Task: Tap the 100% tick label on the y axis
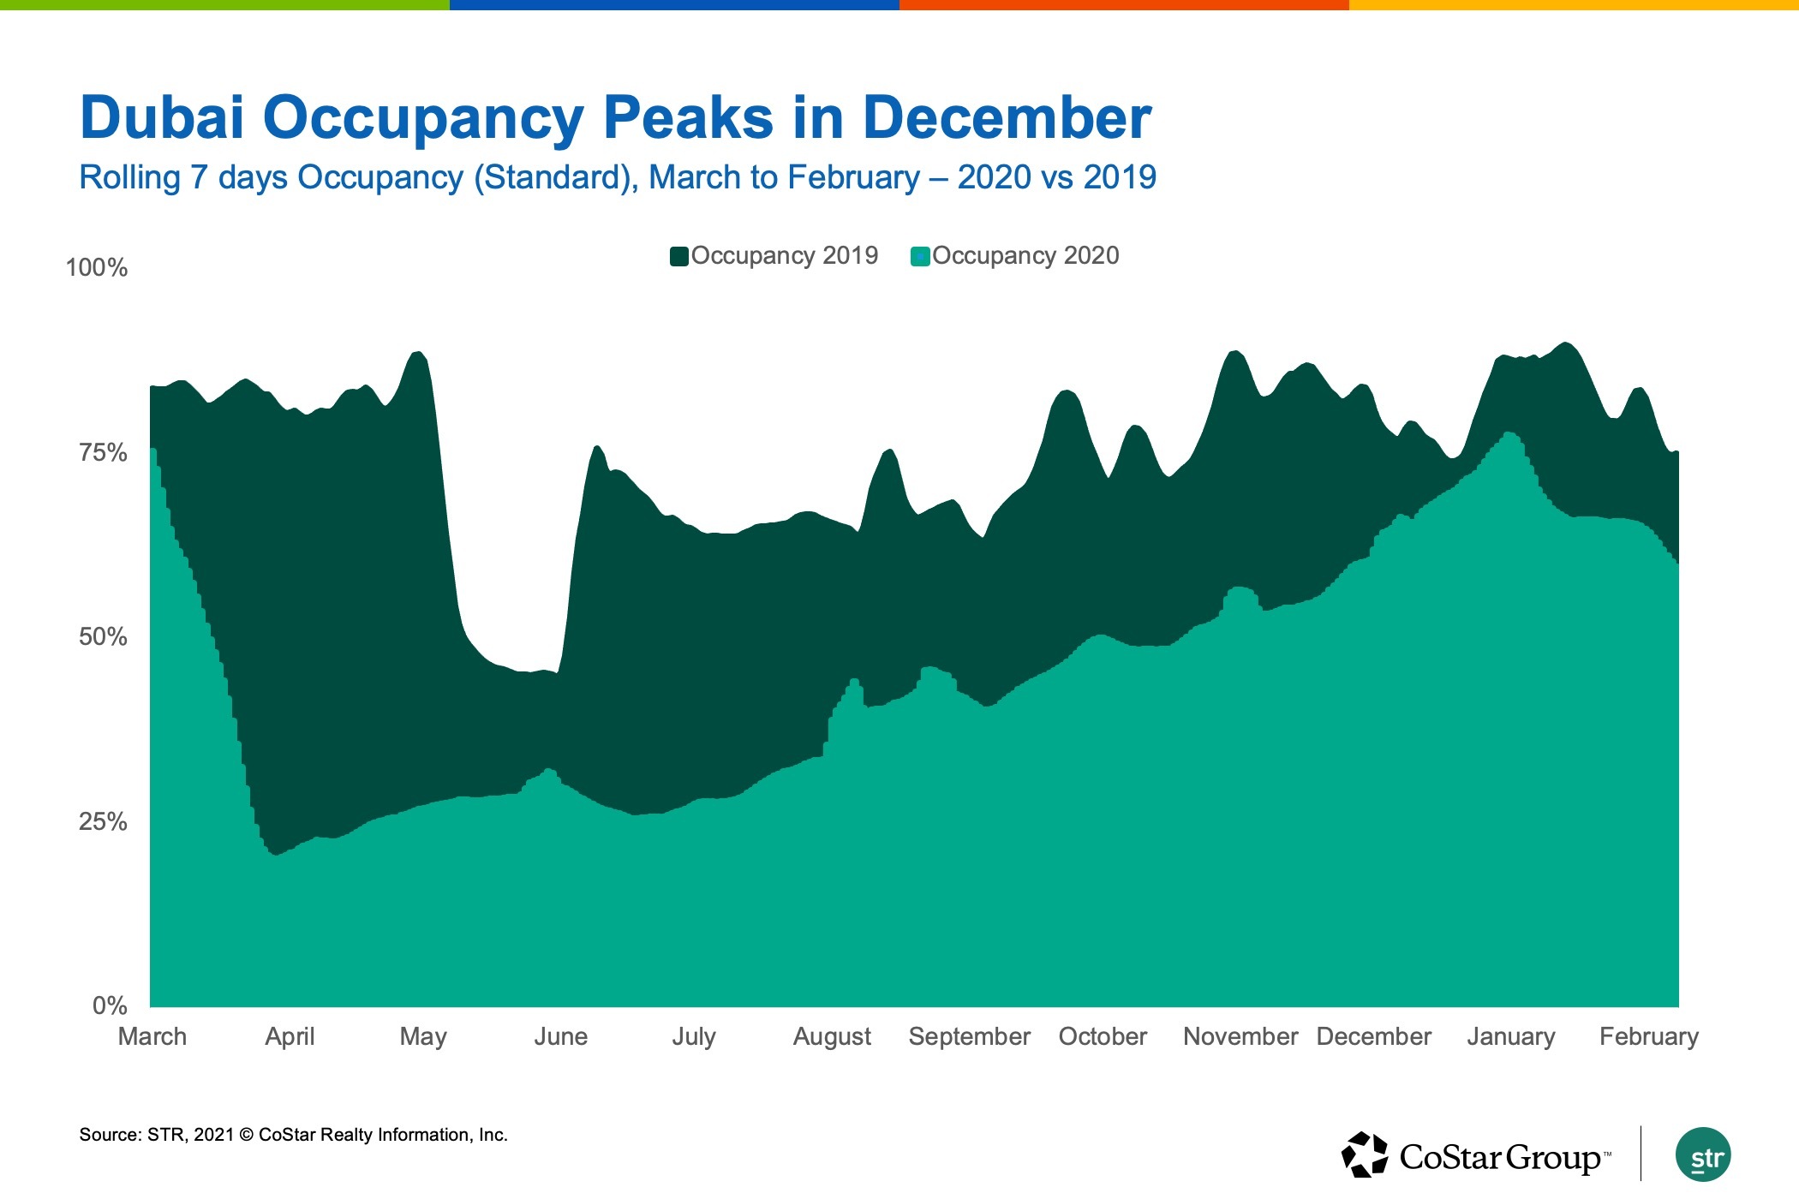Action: pos(97,268)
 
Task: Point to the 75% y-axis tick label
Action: pos(103,452)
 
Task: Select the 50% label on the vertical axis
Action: pos(103,636)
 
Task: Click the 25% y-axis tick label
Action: pos(103,821)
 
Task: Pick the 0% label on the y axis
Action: pos(110,1005)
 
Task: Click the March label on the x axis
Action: pos(152,1036)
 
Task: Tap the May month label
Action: pos(423,1036)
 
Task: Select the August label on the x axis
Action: pos(832,1036)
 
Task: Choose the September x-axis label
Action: pos(970,1036)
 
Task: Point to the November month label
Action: pos(1240,1036)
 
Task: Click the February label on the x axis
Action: pos(1649,1036)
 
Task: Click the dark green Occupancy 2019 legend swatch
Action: pos(679,256)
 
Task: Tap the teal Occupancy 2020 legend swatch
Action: pos(920,256)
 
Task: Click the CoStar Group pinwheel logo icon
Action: pos(1364,1154)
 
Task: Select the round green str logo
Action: pos(1703,1154)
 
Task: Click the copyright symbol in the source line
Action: pos(246,1136)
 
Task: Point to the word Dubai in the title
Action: pos(162,117)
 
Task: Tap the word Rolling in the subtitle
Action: pos(129,177)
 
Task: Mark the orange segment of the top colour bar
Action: pos(1124,5)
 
